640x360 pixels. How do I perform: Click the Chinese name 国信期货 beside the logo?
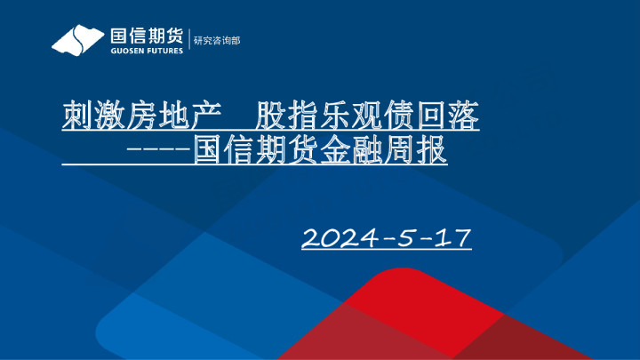(146, 36)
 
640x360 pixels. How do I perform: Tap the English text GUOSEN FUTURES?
(146, 51)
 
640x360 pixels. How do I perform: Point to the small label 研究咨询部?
(217, 41)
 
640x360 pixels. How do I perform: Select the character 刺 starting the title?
(76, 116)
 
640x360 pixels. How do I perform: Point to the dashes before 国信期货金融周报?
(158, 149)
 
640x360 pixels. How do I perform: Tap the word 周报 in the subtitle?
(416, 149)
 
